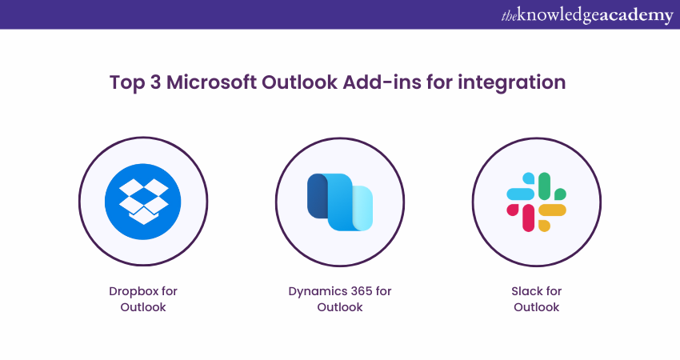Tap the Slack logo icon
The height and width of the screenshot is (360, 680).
tap(536, 201)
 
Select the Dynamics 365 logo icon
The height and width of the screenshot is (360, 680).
tap(340, 201)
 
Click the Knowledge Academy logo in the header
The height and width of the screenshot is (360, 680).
tap(586, 15)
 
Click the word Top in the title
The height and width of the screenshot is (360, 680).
tap(125, 82)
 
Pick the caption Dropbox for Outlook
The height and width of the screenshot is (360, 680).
tap(143, 298)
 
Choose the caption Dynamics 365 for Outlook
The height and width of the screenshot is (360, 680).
tap(340, 298)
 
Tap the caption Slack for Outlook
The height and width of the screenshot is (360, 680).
tap(536, 298)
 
